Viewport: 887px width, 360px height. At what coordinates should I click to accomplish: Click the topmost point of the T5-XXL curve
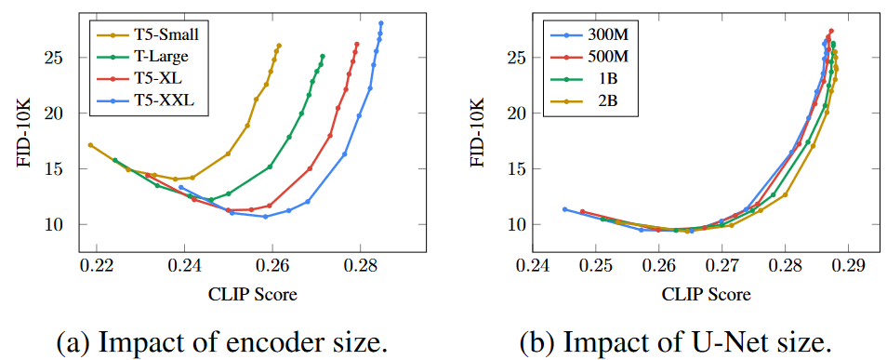(381, 22)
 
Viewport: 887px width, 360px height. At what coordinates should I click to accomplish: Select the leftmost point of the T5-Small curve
(90, 145)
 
